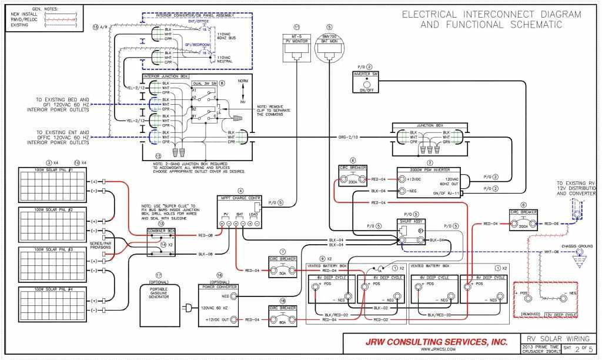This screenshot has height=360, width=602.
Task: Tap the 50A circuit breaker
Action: tap(282, 269)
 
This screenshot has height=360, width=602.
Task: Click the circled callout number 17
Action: tap(158, 275)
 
